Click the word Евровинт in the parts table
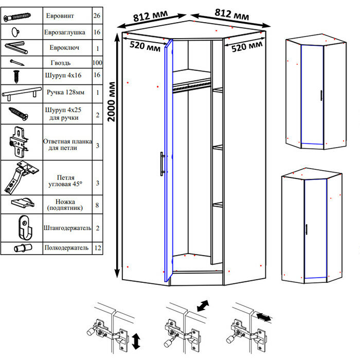pos(60,16)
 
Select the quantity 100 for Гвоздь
pos(97,63)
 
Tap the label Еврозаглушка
pos(64,31)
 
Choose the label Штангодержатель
pos(68,227)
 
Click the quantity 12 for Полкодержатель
pos(97,248)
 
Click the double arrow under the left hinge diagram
pos(136,340)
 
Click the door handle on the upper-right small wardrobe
pos(321,96)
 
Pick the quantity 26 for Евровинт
pos(97,16)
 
